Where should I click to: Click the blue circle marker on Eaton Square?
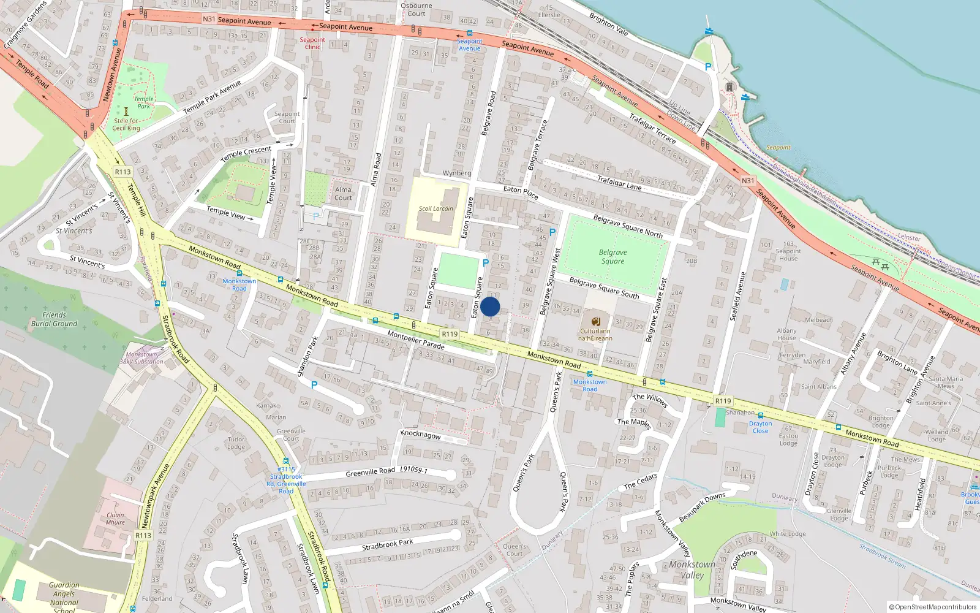click(x=490, y=306)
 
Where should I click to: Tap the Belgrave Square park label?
click(x=612, y=257)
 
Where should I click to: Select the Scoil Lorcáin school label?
click(x=435, y=208)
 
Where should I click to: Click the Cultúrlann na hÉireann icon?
click(x=595, y=321)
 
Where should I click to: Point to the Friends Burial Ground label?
click(x=55, y=319)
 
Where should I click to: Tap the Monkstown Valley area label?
click(x=692, y=569)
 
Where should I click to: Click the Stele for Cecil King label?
click(x=126, y=124)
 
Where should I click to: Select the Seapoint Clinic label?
click(x=312, y=43)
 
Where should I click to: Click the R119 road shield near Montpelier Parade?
click(x=450, y=334)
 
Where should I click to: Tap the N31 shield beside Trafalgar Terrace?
click(x=747, y=181)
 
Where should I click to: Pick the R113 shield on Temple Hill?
click(x=123, y=172)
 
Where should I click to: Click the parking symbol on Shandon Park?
click(x=314, y=385)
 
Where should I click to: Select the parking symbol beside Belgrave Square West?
click(x=552, y=232)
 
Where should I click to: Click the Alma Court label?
click(x=343, y=194)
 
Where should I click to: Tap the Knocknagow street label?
click(x=421, y=435)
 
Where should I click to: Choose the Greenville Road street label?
click(x=370, y=472)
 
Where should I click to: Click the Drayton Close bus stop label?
click(x=760, y=427)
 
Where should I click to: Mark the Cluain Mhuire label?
click(x=115, y=519)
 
